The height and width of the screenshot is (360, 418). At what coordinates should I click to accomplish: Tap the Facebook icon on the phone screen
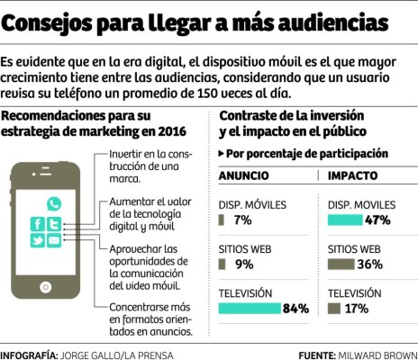39,224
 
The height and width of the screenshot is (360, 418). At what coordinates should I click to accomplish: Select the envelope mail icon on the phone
53,240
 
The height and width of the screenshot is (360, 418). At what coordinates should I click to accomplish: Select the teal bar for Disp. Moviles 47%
345,220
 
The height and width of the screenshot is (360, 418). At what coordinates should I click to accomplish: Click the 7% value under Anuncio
241,220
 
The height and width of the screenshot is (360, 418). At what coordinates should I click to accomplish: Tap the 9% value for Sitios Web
242,264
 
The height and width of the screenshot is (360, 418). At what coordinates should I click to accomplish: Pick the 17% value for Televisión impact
357,308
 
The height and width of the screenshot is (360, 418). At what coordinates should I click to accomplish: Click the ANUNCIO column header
244,175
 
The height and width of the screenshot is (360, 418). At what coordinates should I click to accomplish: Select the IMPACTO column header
352,175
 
